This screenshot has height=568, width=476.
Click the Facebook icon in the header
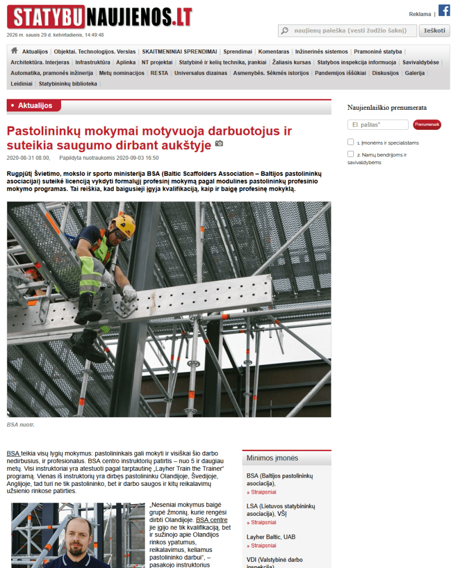(x=444, y=10)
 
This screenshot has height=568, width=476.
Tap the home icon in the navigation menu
(x=14, y=51)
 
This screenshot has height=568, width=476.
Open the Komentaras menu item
(x=274, y=52)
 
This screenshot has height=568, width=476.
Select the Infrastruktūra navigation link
(x=93, y=62)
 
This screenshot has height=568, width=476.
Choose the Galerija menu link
(x=414, y=73)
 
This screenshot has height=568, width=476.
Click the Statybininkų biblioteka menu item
(x=68, y=84)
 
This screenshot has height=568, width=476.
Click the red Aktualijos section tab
(x=34, y=105)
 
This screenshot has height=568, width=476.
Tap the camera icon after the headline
(x=219, y=144)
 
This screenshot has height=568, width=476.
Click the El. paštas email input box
(x=378, y=125)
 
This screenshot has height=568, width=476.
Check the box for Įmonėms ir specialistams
(x=351, y=142)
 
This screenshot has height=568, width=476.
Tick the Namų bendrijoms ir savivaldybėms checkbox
(x=351, y=154)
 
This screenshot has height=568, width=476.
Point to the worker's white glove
(x=129, y=292)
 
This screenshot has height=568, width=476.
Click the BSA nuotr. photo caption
(x=21, y=425)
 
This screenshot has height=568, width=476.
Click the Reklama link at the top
(x=419, y=14)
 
